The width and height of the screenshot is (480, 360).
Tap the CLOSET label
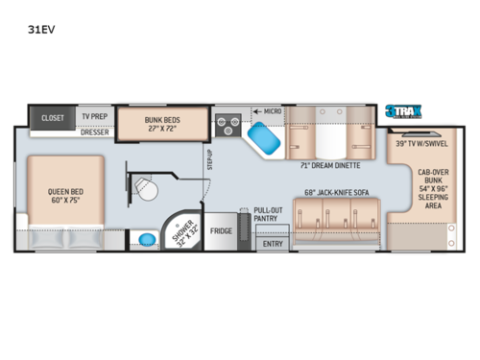click(53, 118)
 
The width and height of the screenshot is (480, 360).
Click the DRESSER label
click(94, 132)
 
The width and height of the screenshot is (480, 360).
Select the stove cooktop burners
click(228, 122)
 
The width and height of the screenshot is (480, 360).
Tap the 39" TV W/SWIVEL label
click(420, 144)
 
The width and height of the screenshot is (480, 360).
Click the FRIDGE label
click(221, 230)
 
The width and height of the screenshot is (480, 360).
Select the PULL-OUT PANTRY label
click(269, 213)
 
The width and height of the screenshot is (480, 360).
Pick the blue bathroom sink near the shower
click(146, 237)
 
